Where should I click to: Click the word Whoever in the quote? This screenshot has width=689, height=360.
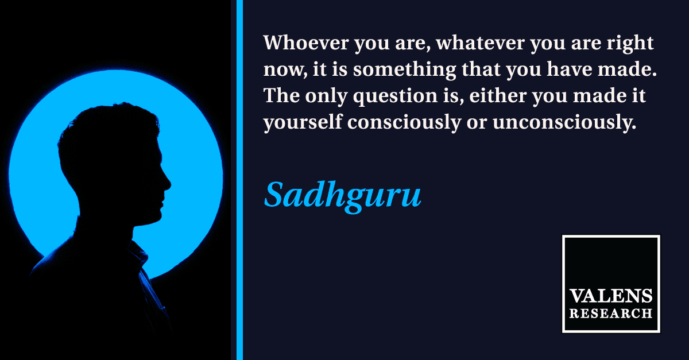(x=306, y=42)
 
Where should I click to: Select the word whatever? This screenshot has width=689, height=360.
(x=481, y=42)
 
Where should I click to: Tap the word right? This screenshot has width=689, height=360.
(x=630, y=44)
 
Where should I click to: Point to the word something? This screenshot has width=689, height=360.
(x=404, y=71)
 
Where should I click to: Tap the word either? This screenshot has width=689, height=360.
(x=498, y=95)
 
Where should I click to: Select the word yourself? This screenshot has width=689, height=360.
(x=303, y=123)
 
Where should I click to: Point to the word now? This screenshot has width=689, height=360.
(x=285, y=71)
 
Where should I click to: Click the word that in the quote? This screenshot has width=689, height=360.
(x=481, y=69)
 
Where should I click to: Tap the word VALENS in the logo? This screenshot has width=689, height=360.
(x=611, y=296)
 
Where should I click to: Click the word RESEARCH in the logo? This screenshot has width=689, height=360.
(x=611, y=313)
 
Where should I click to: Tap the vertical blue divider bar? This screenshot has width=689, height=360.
(x=239, y=180)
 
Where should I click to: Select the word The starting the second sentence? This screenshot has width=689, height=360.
(x=281, y=95)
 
